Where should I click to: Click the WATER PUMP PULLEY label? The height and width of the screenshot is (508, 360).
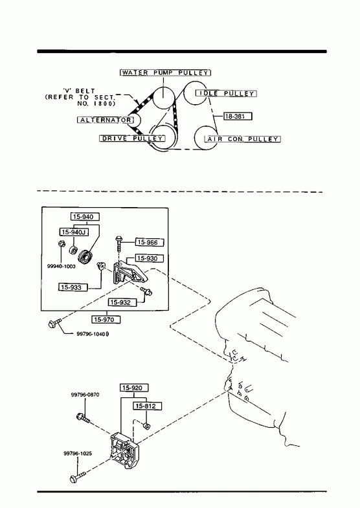165,72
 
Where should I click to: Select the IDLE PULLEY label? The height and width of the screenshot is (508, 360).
226,93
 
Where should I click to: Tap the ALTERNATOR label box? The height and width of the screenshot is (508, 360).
106,120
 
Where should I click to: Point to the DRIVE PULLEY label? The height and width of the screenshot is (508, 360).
132,138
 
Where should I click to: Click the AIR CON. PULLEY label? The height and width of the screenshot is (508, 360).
242,139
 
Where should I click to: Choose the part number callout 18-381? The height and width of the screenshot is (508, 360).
238,116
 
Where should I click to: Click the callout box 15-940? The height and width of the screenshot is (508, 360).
85,217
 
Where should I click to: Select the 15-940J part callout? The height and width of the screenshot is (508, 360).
74,232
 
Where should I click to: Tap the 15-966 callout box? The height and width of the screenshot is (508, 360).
150,242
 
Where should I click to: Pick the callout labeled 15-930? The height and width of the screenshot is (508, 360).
150,258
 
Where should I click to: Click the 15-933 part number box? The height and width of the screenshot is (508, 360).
73,287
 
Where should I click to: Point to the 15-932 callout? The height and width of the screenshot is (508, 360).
122,302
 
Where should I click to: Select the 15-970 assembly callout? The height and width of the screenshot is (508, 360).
106,320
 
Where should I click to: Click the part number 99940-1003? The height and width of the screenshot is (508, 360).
62,267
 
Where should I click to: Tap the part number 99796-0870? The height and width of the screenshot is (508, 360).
85,395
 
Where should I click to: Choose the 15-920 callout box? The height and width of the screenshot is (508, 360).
134,388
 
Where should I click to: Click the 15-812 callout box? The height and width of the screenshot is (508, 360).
147,406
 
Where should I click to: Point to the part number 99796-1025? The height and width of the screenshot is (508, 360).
78,453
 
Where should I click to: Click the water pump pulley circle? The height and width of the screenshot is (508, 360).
164,98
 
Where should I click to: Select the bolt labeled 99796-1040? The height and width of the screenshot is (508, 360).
54,324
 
